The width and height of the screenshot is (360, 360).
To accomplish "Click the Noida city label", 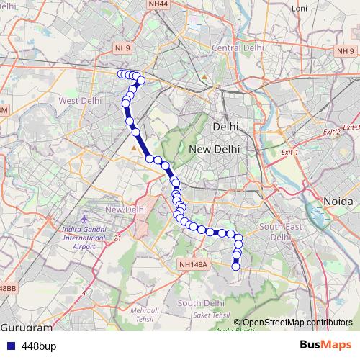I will pos(336,201).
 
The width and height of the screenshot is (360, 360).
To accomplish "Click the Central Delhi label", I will pos(234,48).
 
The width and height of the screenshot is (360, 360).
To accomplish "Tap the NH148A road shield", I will pos(193,264).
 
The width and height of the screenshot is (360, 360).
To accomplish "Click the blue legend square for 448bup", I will pos(10,346).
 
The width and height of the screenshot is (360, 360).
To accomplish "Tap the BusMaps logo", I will pos(325,346).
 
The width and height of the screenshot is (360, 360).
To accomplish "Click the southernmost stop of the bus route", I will pos(235,267).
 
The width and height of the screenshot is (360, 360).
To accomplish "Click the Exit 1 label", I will pos(289,153).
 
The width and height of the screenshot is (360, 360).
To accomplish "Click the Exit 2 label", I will pos(331,132).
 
